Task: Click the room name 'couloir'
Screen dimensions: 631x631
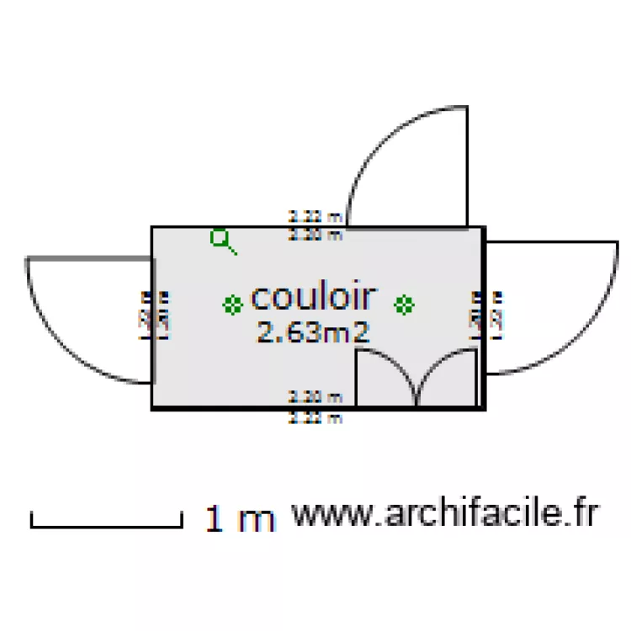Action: [x=313, y=297]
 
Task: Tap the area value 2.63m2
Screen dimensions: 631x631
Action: [x=313, y=332]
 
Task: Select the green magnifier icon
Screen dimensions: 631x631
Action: [x=222, y=241]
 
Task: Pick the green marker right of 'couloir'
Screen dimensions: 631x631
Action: [x=405, y=305]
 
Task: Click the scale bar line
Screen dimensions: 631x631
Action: [x=106, y=527]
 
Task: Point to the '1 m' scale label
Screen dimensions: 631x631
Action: [x=240, y=519]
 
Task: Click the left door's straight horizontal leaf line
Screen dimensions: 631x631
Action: [x=88, y=257]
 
